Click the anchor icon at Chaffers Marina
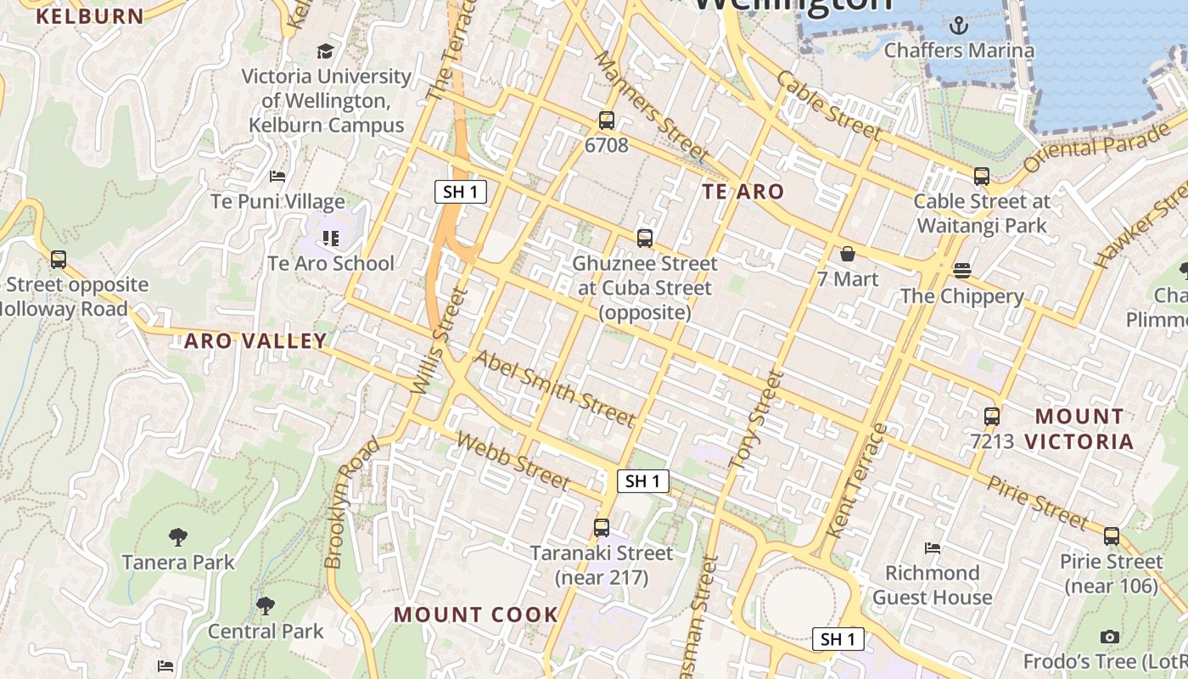pyautogui.click(x=959, y=25)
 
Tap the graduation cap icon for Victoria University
pyautogui.click(x=325, y=51)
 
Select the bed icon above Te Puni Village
pyautogui.click(x=277, y=177)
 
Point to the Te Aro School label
pyautogui.click(x=331, y=263)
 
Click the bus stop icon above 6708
pyautogui.click(x=606, y=121)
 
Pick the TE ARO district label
pyautogui.click(x=743, y=192)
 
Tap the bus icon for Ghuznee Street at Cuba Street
pyautogui.click(x=645, y=238)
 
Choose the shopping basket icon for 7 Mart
pyautogui.click(x=847, y=254)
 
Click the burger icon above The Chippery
pyautogui.click(x=961, y=271)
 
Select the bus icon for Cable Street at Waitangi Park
pyautogui.click(x=982, y=177)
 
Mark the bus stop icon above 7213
pyautogui.click(x=992, y=417)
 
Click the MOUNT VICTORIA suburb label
pyautogui.click(x=1079, y=429)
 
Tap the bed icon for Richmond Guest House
pyautogui.click(x=933, y=547)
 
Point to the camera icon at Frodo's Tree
pyautogui.click(x=1109, y=637)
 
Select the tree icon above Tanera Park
pyautogui.click(x=177, y=536)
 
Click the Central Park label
pyautogui.click(x=266, y=631)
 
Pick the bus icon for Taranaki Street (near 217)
pyautogui.click(x=602, y=528)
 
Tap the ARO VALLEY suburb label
pyautogui.click(x=255, y=341)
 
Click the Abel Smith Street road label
pyautogui.click(x=554, y=388)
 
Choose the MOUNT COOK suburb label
pyautogui.click(x=476, y=614)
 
